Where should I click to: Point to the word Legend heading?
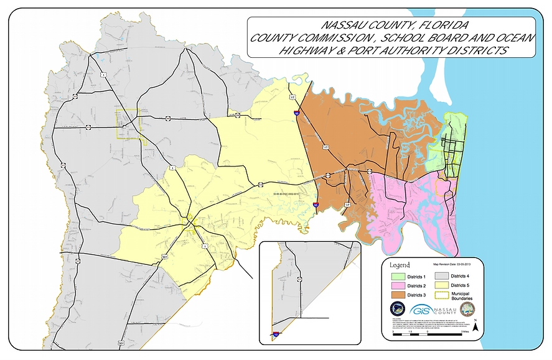click(x=399, y=264)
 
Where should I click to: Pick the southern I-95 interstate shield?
click(x=316, y=204)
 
